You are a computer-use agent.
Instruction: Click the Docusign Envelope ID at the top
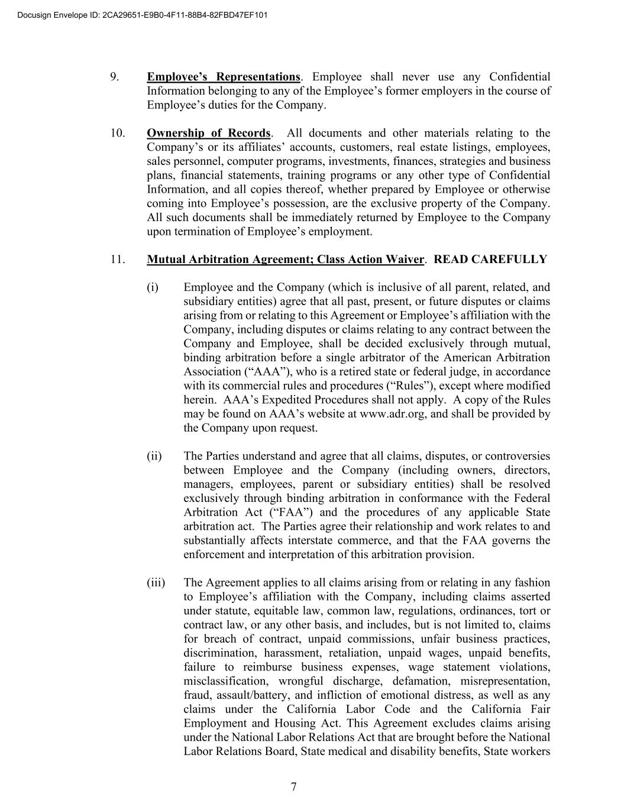coord(143,15)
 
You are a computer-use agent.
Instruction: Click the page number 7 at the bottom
coord(293,786)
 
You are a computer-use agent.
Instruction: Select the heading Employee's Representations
coord(224,77)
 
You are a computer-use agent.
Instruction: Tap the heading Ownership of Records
coord(209,133)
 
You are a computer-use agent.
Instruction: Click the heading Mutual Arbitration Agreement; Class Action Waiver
coord(285,260)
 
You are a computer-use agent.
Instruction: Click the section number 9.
coord(115,77)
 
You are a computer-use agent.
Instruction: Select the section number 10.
coord(118,133)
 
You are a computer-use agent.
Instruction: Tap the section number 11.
coord(118,260)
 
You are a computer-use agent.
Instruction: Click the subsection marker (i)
coord(153,287)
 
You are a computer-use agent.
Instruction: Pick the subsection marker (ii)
coord(154,456)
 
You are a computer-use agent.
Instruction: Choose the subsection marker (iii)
coord(156,583)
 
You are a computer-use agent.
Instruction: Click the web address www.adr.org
coord(392,414)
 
